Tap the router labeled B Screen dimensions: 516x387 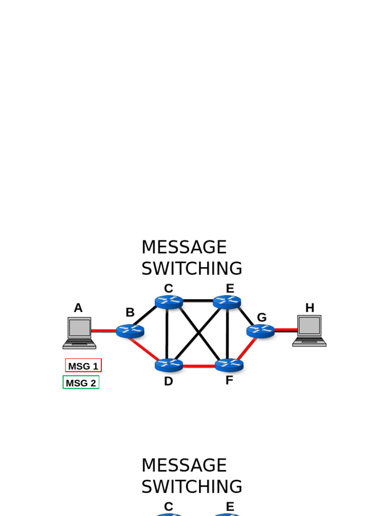click(x=130, y=331)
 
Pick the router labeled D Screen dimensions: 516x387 click(x=168, y=365)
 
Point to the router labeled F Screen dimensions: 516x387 click(x=229, y=365)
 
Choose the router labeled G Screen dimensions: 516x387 click(x=261, y=331)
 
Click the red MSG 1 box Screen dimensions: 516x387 click(x=83, y=366)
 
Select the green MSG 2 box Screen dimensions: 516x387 click(x=81, y=383)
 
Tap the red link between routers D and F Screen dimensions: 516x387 click(x=199, y=365)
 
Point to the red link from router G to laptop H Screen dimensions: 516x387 click(x=286, y=331)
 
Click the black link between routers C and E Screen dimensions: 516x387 click(x=198, y=301)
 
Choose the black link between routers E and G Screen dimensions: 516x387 click(x=246, y=316)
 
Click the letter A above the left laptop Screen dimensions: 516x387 click(x=78, y=308)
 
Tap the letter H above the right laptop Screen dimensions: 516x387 click(x=309, y=308)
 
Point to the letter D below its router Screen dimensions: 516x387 click(x=168, y=381)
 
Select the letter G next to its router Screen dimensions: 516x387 click(x=262, y=317)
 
